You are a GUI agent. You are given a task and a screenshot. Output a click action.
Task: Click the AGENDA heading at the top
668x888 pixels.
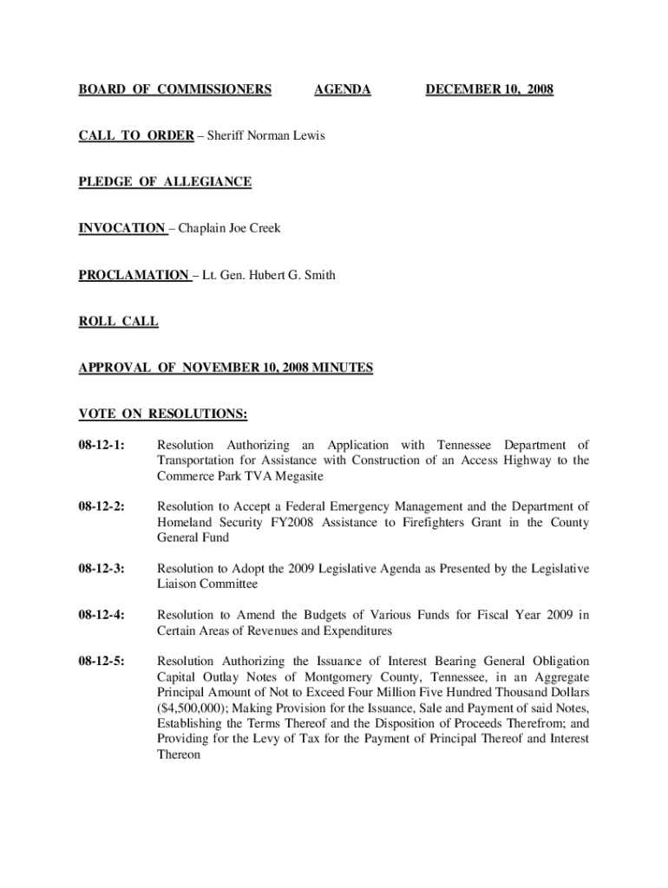coord(342,90)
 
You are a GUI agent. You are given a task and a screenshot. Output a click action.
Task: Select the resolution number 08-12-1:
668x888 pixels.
coord(102,445)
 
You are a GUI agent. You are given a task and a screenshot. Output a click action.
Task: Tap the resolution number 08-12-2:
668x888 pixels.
coord(102,506)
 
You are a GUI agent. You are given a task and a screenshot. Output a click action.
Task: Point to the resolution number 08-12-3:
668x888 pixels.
coord(102,569)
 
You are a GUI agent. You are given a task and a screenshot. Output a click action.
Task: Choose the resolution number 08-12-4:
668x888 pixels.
coord(102,616)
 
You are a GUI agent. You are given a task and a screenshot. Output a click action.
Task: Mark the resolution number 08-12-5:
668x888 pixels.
coord(102,662)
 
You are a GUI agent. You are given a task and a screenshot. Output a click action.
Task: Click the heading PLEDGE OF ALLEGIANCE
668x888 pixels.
coord(165,182)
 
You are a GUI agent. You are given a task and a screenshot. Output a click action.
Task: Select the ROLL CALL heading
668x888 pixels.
coord(119,322)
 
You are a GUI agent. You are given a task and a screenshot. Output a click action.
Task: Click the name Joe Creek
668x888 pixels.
coord(254,229)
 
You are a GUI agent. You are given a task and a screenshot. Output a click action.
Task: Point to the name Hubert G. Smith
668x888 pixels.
coord(295,276)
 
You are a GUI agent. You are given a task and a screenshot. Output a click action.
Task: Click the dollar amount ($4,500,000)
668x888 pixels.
coord(195,708)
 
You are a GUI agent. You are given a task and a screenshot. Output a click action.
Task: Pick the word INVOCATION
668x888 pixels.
coord(121,229)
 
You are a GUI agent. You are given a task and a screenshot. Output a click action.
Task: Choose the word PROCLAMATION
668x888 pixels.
coord(134,276)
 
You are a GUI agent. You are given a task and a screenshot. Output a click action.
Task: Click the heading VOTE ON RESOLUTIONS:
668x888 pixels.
coord(163,414)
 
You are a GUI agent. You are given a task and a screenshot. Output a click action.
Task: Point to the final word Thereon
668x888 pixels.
coord(179,755)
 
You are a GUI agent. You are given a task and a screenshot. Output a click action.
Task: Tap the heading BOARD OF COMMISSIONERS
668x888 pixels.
coord(175,90)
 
